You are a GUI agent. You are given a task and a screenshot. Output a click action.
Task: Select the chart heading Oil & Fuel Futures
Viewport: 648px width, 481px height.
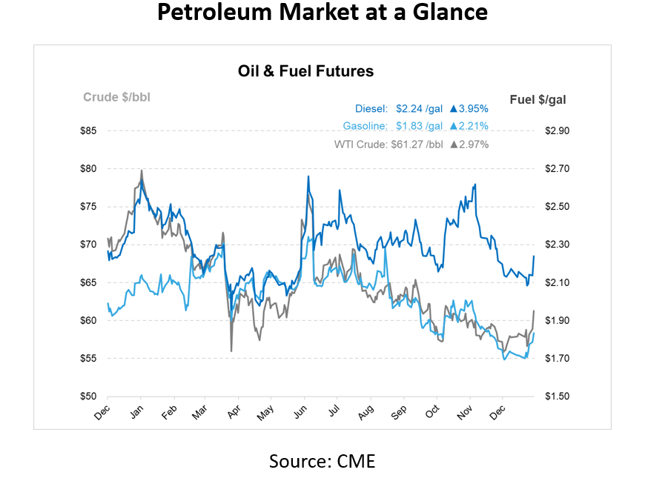click(x=305, y=72)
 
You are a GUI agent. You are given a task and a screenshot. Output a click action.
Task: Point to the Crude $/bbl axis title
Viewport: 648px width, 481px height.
click(x=116, y=97)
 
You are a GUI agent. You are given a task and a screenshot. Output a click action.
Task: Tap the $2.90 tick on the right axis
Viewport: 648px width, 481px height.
click(x=557, y=131)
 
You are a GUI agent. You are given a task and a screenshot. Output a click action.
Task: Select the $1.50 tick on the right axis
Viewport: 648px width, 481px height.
click(x=557, y=397)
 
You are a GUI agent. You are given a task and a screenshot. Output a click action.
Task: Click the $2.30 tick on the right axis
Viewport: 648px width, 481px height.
click(x=557, y=245)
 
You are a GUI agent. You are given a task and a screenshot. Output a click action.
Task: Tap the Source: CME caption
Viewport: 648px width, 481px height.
click(x=322, y=461)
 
